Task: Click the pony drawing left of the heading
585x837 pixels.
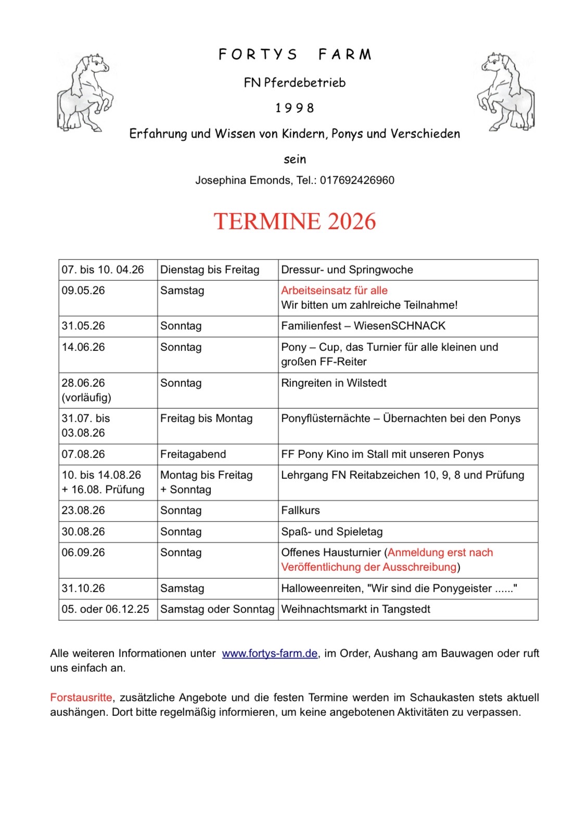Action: (85, 92)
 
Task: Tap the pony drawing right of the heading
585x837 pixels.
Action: (505, 92)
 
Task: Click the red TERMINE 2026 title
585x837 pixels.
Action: (295, 221)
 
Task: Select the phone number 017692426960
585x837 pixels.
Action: (357, 180)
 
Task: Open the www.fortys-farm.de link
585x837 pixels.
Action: (270, 653)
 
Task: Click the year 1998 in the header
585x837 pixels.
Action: (295, 108)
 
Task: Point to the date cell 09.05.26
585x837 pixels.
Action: (83, 291)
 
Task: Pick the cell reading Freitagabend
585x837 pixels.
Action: (193, 454)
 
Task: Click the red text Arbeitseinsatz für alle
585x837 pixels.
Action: (334, 291)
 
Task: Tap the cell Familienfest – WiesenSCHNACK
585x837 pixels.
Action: (363, 326)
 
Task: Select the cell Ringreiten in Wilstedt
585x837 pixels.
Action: (334, 383)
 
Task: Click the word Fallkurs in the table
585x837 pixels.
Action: (300, 511)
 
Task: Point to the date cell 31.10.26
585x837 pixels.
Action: (83, 588)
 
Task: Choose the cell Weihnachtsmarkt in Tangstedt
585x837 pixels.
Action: (355, 609)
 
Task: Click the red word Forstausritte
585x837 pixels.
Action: (81, 698)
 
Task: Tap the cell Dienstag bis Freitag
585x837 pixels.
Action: (210, 270)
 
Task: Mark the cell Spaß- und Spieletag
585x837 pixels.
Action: (332, 532)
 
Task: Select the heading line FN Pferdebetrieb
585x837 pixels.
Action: (295, 83)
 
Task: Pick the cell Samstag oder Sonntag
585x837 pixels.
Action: (217, 609)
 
